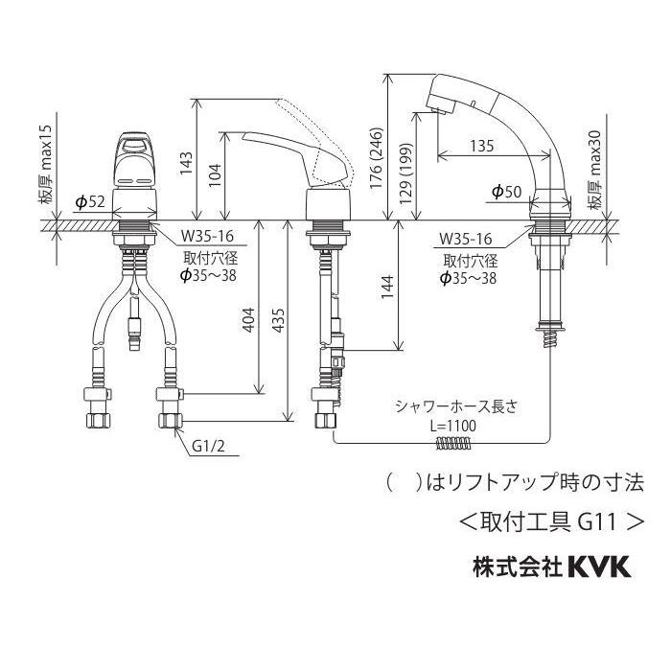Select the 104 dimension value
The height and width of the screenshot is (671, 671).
click(x=216, y=174)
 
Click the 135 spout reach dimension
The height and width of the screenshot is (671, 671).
click(x=483, y=145)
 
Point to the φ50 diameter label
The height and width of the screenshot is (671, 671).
click(x=505, y=193)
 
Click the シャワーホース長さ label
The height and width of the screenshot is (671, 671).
click(x=456, y=406)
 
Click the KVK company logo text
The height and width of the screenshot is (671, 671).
click(x=591, y=567)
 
